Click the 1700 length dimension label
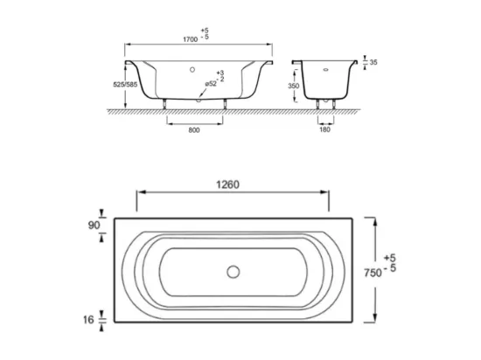(x=190, y=39)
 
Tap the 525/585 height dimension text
(x=125, y=85)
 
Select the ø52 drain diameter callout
(x=211, y=84)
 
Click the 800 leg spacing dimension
(x=194, y=130)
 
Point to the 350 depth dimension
(x=294, y=86)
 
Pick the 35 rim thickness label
(x=373, y=62)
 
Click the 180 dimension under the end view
(x=324, y=129)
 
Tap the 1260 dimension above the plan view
(x=227, y=184)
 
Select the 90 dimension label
(x=94, y=225)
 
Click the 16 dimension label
(x=88, y=320)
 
